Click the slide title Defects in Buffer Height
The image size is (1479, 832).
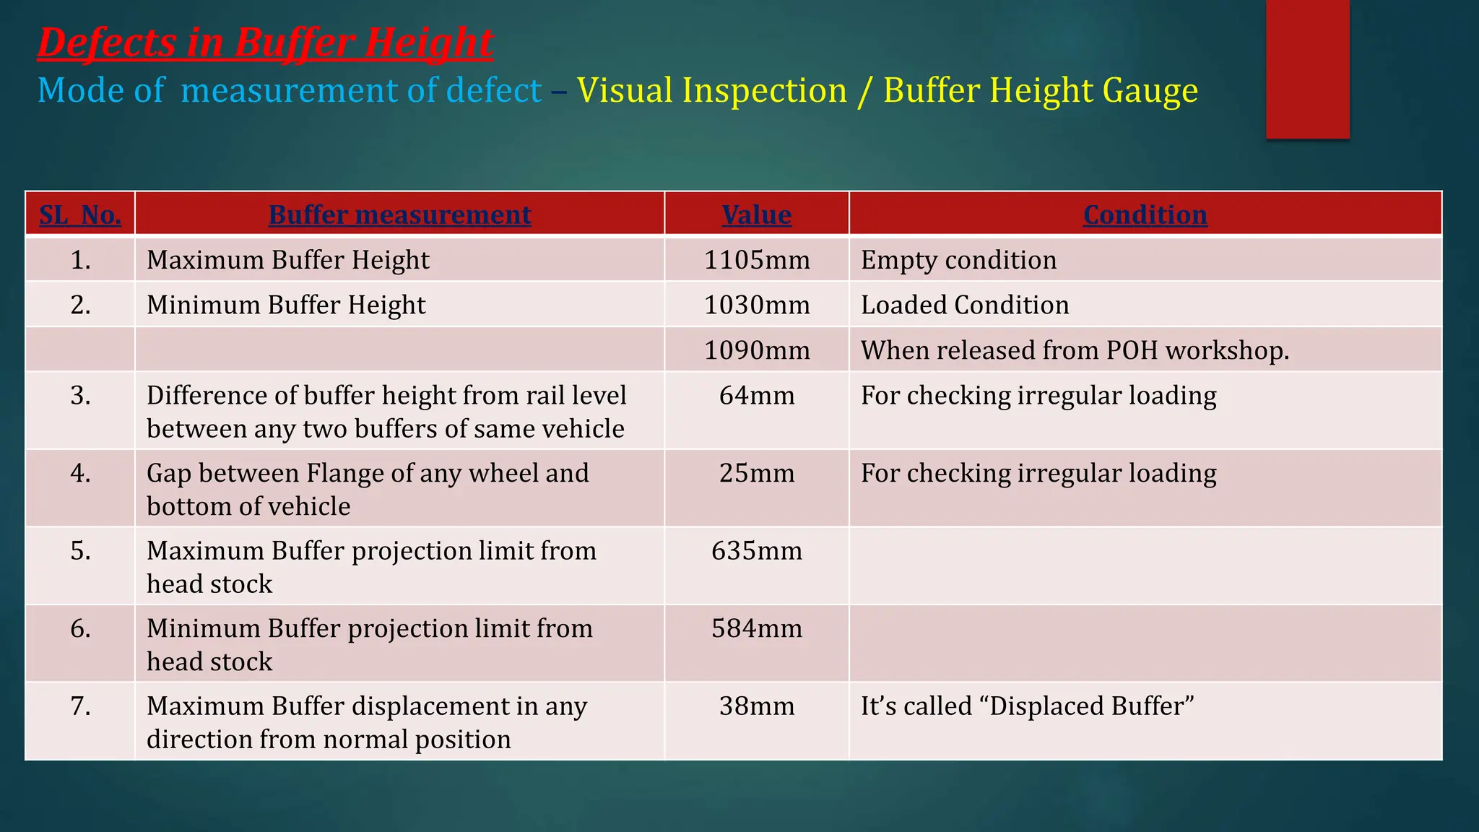[265, 43]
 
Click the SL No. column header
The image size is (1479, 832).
[80, 214]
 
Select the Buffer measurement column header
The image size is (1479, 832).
[399, 214]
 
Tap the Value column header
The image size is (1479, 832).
[756, 214]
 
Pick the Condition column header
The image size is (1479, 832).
[1145, 214]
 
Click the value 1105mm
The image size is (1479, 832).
[757, 260]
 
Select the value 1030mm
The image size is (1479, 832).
[757, 305]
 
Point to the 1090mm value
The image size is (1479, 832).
[757, 350]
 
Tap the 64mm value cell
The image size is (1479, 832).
[757, 396]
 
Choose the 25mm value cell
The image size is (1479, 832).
[757, 473]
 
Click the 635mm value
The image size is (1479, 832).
[757, 551]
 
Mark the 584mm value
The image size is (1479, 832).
[757, 628]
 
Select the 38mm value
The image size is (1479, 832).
[757, 706]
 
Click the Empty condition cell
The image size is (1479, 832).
[958, 260]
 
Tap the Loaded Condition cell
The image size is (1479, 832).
[965, 305]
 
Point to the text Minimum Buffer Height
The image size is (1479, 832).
[286, 305]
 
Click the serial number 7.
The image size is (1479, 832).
[80, 706]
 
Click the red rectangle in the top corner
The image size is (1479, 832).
[1307, 69]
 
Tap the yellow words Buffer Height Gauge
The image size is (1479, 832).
[1040, 91]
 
